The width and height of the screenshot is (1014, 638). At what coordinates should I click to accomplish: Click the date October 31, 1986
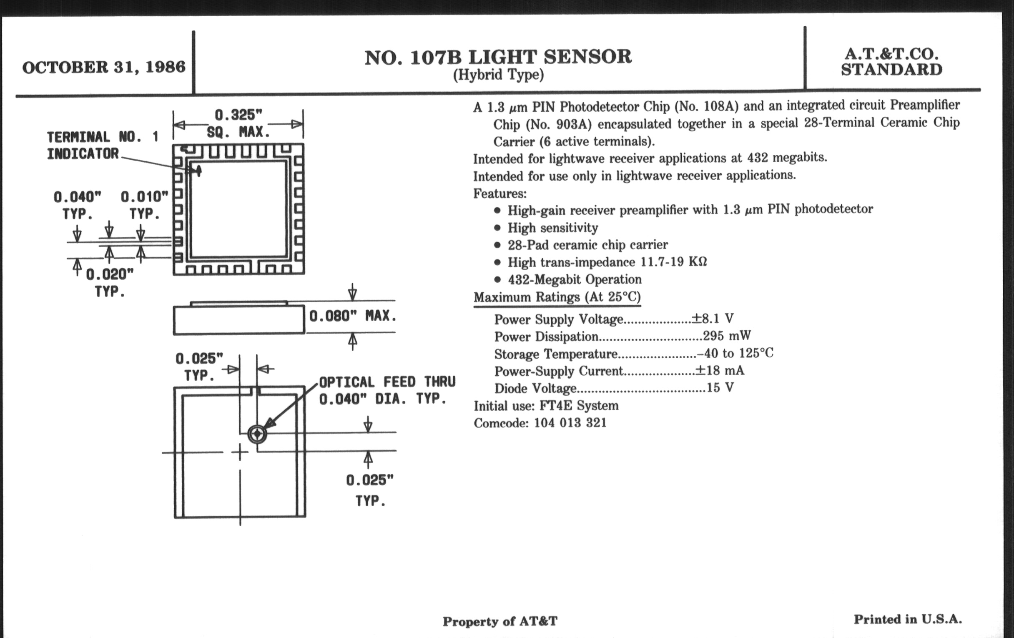103,68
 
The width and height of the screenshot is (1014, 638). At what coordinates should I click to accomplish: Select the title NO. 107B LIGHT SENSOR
498,57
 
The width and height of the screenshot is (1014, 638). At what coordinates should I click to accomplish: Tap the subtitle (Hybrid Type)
498,75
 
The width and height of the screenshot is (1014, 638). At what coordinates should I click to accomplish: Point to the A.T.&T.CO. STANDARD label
891,62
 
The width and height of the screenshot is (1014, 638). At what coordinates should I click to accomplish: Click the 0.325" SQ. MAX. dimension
238,123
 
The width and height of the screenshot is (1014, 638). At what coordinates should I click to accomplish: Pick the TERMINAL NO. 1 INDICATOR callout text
102,145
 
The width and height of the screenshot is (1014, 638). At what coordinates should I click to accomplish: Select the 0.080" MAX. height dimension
353,316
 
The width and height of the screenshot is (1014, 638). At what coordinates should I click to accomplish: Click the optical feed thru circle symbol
257,434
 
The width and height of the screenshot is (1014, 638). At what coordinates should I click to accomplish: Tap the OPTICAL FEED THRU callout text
387,390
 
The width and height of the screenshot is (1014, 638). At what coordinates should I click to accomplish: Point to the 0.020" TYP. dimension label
110,283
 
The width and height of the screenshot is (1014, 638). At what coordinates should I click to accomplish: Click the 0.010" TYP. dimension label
144,205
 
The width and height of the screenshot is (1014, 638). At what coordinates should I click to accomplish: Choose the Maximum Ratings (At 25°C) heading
557,297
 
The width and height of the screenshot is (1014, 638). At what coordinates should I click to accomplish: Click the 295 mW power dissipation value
727,336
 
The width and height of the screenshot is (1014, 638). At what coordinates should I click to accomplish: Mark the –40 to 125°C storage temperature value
735,353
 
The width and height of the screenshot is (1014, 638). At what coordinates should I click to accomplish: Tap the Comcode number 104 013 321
570,422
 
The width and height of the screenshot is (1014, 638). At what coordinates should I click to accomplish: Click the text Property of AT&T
500,621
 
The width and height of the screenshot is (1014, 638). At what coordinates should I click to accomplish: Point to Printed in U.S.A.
907,619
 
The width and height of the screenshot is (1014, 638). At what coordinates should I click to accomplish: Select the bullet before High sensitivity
498,228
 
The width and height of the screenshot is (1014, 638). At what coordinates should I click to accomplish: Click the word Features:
500,193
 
